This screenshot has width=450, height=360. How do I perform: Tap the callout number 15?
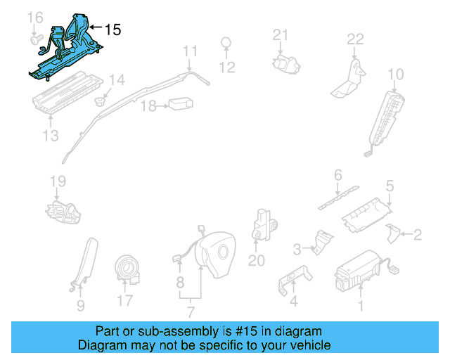click(x=112, y=30)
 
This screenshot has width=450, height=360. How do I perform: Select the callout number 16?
click(x=34, y=17)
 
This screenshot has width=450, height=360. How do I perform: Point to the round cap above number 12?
click(x=227, y=42)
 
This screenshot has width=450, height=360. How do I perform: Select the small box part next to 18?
click(x=179, y=104)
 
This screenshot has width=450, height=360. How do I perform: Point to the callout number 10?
click(x=396, y=74)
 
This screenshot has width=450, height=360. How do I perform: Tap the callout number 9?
click(x=80, y=305)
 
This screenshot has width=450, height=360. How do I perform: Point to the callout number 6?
click(x=337, y=174)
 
